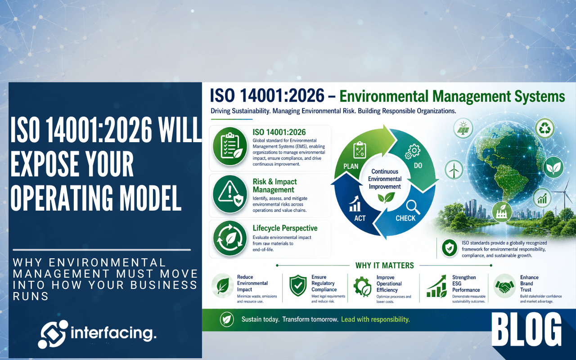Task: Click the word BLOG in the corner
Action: pos(526,330)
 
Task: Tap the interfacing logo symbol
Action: pos(53,334)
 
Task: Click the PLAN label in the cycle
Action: pos(351,166)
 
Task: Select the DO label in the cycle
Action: pos(418,166)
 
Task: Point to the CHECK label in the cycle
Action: pos(405,218)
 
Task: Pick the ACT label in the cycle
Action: pos(360,218)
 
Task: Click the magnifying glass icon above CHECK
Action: pos(413,207)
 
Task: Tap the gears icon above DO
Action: pos(413,152)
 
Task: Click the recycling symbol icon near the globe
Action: pos(544,128)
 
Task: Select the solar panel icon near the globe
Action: pos(463,128)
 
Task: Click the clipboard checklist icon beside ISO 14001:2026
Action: pos(230,146)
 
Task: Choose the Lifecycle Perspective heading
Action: pos(285,228)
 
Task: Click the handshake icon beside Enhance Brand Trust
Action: pos(504,286)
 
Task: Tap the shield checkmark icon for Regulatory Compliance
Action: pos(298,285)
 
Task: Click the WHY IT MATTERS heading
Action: pos(384,265)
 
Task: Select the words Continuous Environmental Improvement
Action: pos(385,179)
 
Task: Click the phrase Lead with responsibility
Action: pos(375,319)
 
